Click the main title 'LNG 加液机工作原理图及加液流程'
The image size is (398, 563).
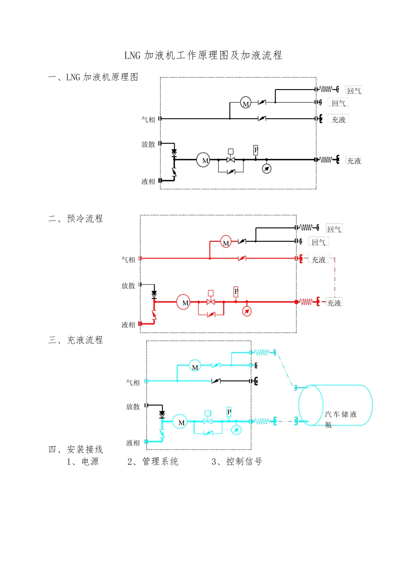[x=203, y=55]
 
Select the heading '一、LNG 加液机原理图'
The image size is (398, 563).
[x=93, y=77]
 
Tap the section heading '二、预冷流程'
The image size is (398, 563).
[x=75, y=219]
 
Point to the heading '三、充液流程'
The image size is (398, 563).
[x=75, y=340]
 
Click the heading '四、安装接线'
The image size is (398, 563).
[x=75, y=449]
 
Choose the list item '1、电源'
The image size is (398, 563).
[x=83, y=462]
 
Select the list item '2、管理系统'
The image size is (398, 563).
[x=153, y=462]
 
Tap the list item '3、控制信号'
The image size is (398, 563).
[x=237, y=462]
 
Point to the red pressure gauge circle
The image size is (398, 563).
[x=247, y=311]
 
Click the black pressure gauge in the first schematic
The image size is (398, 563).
[x=266, y=168]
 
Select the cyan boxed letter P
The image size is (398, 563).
[x=229, y=412]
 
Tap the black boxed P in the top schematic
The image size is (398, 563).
[x=256, y=150]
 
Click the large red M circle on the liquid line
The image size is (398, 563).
[x=183, y=302]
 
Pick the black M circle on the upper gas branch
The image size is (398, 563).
[x=246, y=103]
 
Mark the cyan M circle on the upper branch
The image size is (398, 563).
[x=194, y=366]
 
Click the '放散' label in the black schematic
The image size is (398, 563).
[x=148, y=145]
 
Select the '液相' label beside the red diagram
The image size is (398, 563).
[x=128, y=325]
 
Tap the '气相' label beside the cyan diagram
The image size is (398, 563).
[x=133, y=382]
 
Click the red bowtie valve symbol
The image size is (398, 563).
[x=211, y=302]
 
